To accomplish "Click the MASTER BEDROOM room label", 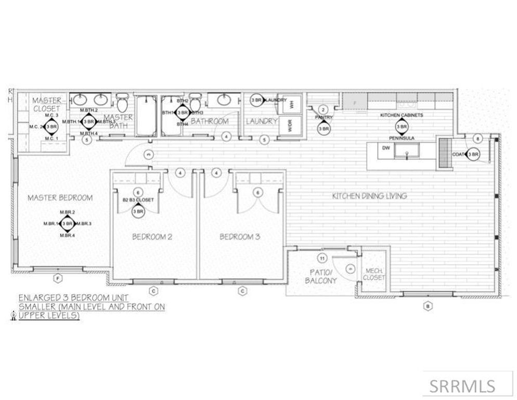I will (60, 198).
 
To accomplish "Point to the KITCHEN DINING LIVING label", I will (369, 196).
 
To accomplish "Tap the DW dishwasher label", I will (385, 148).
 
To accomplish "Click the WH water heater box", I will (292, 104).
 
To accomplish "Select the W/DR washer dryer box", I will (291, 126).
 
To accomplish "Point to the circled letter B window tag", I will (427, 306).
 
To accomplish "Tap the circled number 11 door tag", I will (322, 258).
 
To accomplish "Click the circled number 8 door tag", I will (479, 138).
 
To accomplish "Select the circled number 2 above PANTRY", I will (323, 109).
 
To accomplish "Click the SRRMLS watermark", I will (462, 385).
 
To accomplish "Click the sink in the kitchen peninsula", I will (406, 151).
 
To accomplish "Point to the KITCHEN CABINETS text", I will (401, 115).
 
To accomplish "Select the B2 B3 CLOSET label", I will (138, 199).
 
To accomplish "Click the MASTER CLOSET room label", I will (47, 104).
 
